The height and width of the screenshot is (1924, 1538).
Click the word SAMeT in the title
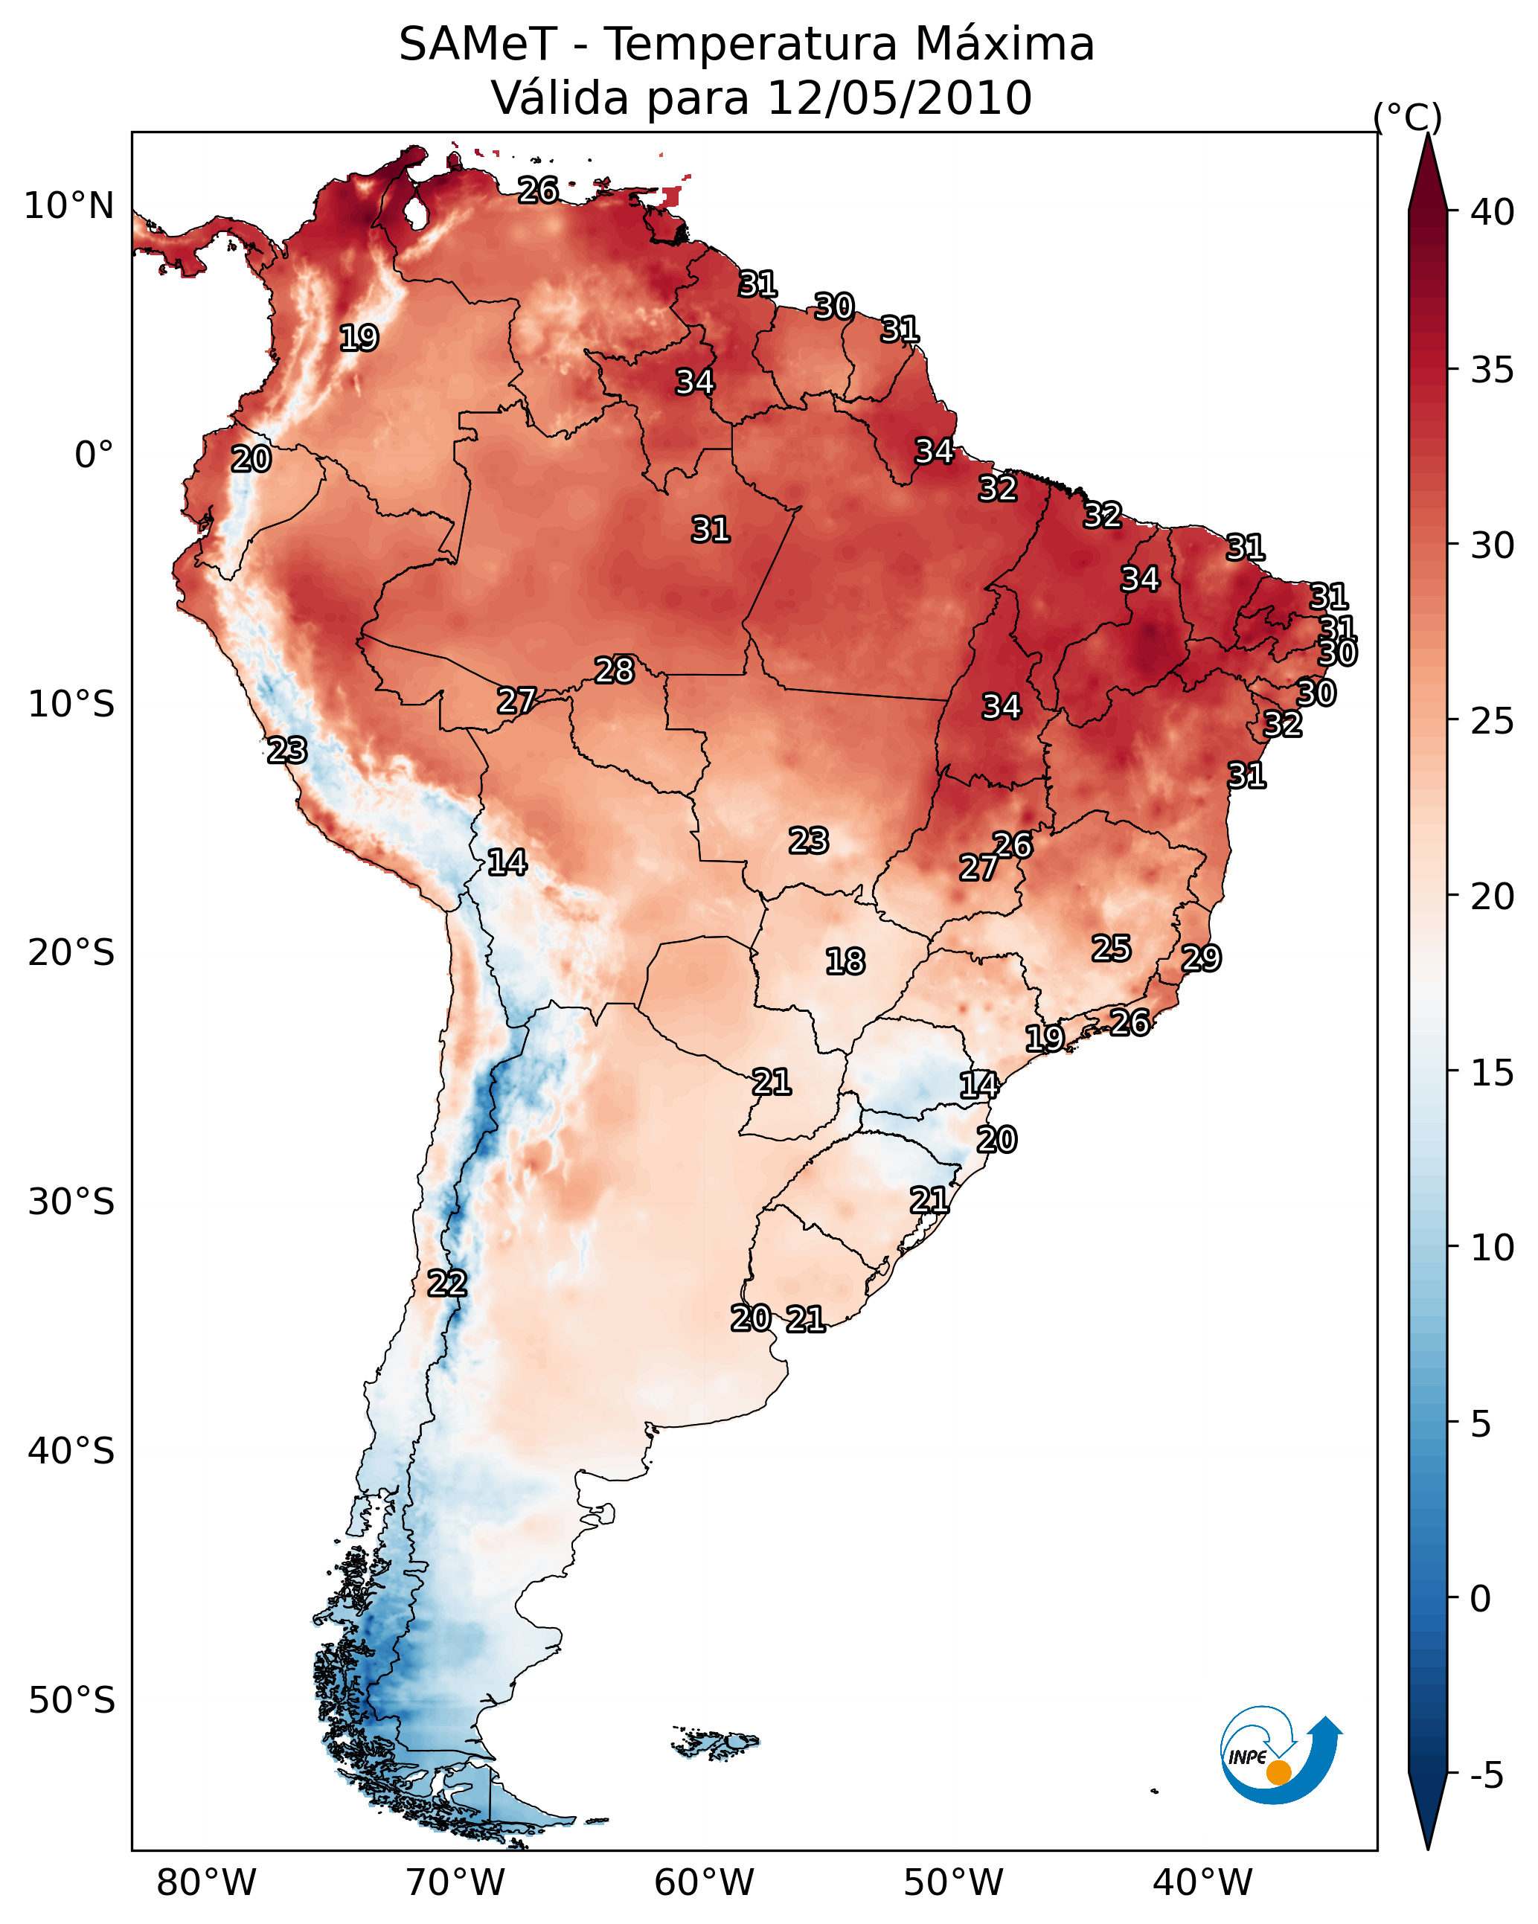click(x=478, y=45)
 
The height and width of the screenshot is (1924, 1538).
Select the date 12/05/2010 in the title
click(x=899, y=98)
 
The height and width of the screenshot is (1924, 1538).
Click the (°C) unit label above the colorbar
click(x=1408, y=117)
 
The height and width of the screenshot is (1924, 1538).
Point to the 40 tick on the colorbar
click(x=1493, y=212)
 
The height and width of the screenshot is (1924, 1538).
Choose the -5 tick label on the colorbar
click(x=1486, y=1775)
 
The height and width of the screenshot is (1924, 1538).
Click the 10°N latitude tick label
click(x=68, y=206)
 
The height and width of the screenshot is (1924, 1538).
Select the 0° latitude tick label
click(x=94, y=455)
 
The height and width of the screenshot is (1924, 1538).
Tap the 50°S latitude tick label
click(x=71, y=1701)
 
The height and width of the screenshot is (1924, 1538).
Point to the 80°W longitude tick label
click(x=206, y=1882)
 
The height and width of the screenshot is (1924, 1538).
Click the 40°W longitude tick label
click(x=1202, y=1882)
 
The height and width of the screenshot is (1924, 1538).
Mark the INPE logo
click(x=1281, y=1755)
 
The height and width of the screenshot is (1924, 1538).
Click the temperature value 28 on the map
click(x=614, y=670)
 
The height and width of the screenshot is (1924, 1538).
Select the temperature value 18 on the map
click(x=845, y=961)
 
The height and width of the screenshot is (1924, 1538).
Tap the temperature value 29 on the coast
click(x=1201, y=958)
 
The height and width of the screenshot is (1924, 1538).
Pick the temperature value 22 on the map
click(x=446, y=1283)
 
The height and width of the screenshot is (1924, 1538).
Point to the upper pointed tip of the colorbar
click(x=1427, y=134)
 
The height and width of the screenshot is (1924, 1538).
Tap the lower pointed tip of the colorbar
click(x=1427, y=1850)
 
